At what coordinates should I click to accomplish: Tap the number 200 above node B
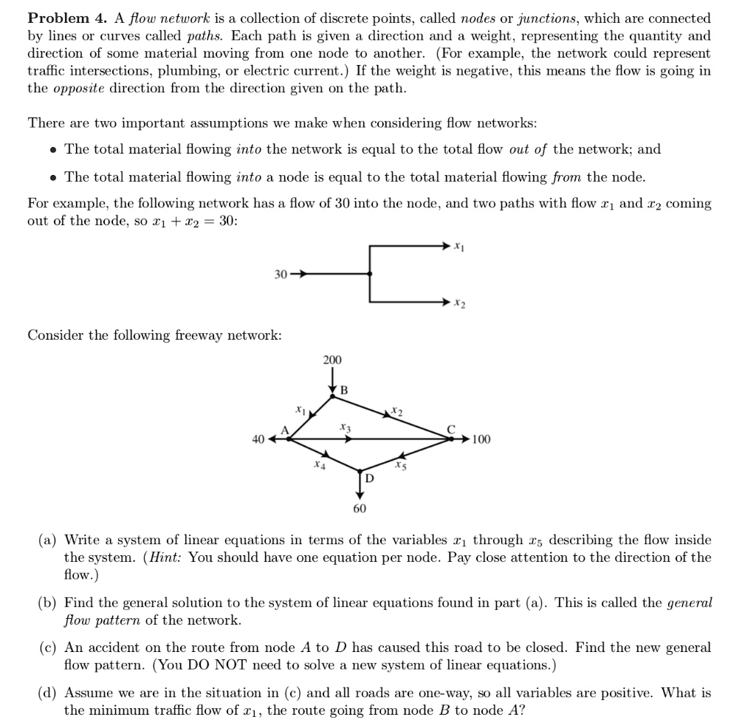click(x=332, y=360)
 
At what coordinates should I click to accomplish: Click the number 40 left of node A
click(x=258, y=439)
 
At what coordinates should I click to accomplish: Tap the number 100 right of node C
click(x=481, y=439)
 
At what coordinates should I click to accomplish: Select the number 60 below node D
click(x=359, y=509)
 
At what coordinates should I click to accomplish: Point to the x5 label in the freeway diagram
click(x=399, y=465)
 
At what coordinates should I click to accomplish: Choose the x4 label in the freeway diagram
click(x=317, y=465)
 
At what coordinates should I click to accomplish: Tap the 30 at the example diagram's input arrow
click(x=280, y=274)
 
